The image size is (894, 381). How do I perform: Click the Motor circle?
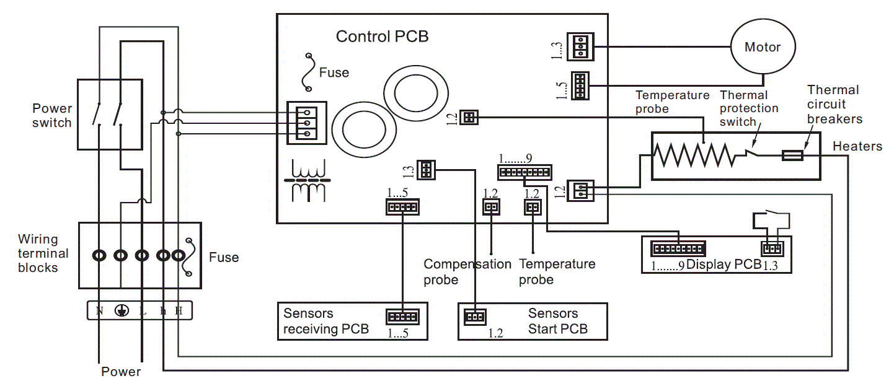[x=762, y=47]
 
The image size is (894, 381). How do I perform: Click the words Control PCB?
[x=382, y=37]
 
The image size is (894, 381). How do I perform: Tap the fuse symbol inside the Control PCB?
[x=308, y=72]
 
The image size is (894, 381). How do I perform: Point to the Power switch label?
[x=52, y=115]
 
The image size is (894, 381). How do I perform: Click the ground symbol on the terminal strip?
[x=121, y=311]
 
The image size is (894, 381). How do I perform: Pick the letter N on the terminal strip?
[x=99, y=311]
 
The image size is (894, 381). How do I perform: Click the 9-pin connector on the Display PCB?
[x=678, y=249]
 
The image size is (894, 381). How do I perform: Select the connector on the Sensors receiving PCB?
[x=402, y=317]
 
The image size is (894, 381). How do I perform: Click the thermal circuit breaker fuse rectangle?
[x=793, y=155]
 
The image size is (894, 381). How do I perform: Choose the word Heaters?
[x=857, y=146]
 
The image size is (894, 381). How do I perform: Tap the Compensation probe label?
[x=467, y=272]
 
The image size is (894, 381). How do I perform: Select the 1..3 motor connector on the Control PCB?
[x=580, y=46]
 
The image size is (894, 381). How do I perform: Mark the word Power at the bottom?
[x=121, y=372]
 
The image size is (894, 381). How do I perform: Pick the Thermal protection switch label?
[x=749, y=108]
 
